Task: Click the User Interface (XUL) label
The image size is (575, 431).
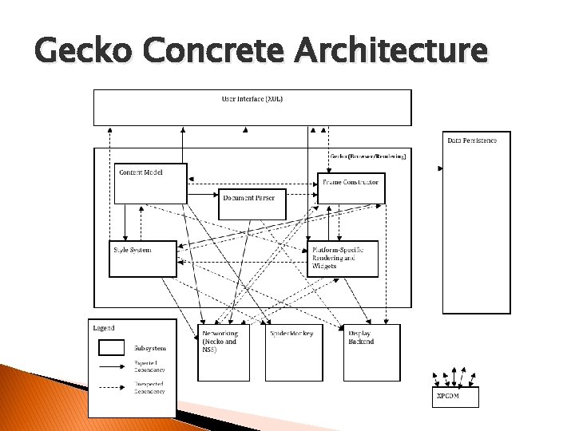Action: pyautogui.click(x=252, y=99)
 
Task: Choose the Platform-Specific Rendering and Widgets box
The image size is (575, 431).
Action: pyautogui.click(x=342, y=259)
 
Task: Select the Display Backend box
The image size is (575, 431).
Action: pyautogui.click(x=372, y=351)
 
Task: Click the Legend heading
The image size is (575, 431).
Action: pyautogui.click(x=104, y=328)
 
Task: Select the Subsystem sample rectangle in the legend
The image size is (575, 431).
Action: pyautogui.click(x=111, y=347)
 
